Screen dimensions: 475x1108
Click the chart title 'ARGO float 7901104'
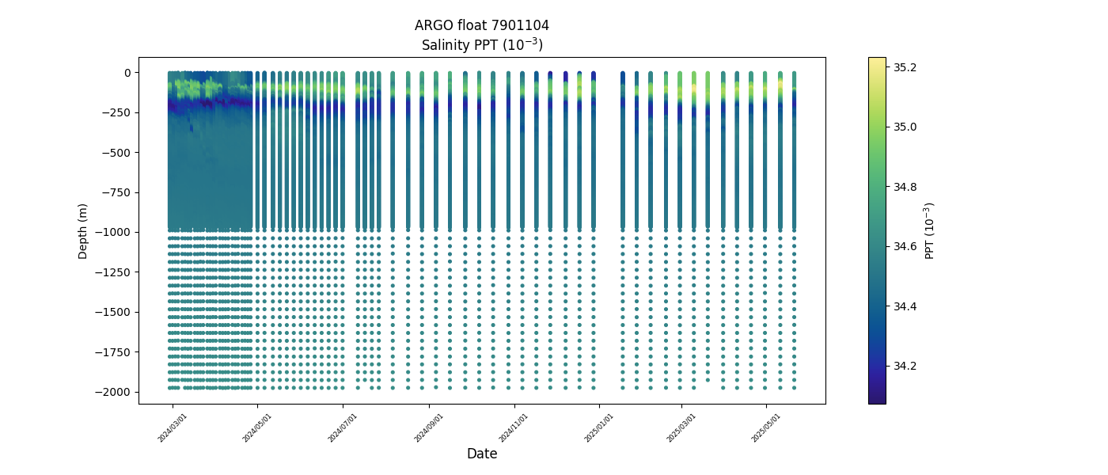(x=481, y=25)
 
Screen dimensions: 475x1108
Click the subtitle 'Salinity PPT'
(x=481, y=44)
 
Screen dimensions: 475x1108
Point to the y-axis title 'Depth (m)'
(x=83, y=230)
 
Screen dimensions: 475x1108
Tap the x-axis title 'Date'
(x=481, y=454)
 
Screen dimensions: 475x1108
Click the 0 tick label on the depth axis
(x=127, y=73)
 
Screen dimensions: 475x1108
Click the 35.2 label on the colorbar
(x=905, y=67)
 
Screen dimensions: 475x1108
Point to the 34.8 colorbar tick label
(x=905, y=187)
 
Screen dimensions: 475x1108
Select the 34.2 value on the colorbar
(x=905, y=366)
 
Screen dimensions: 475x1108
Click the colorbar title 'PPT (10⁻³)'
(x=930, y=230)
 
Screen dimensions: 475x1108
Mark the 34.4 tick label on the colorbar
(x=905, y=306)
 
